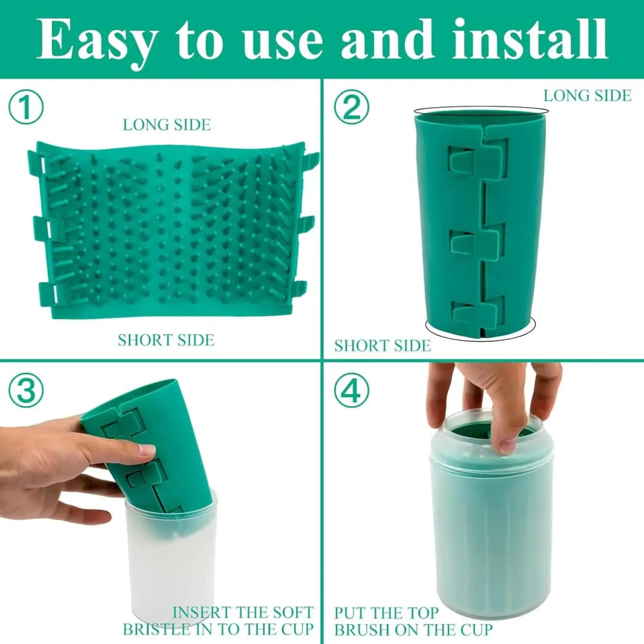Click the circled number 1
(x=26, y=109)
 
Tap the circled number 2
(x=351, y=109)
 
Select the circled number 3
(x=26, y=391)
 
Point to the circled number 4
(x=351, y=391)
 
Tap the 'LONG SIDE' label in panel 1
(x=166, y=125)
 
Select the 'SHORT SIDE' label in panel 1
(x=166, y=340)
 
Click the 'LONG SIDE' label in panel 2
(x=587, y=95)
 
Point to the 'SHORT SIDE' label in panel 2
(x=382, y=346)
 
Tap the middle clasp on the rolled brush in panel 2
(x=476, y=242)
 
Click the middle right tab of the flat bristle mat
(x=306, y=224)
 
